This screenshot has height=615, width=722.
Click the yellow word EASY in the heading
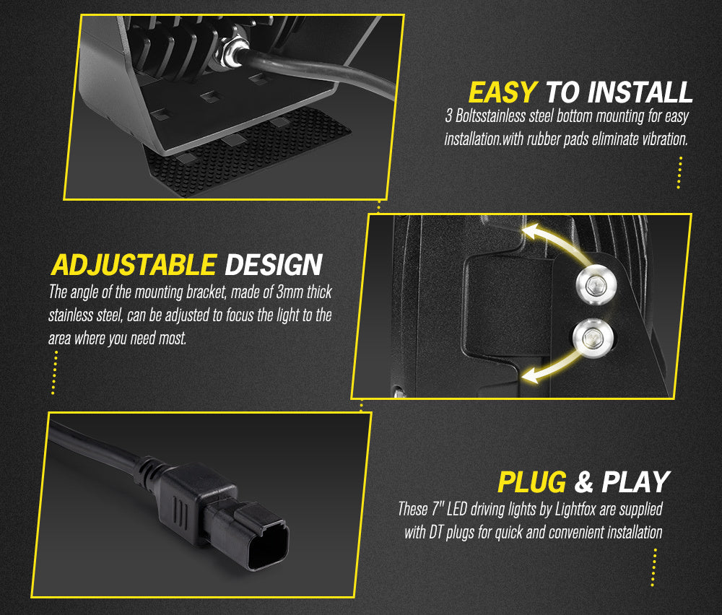[x=503, y=92]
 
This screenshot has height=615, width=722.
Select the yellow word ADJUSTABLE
[x=134, y=265]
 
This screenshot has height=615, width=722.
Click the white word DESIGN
[x=274, y=265]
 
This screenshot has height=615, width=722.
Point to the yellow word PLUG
[x=532, y=482]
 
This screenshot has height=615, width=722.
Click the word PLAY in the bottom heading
[x=636, y=482]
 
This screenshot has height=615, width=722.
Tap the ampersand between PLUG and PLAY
[x=584, y=482]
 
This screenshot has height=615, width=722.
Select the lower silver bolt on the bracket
[x=593, y=339]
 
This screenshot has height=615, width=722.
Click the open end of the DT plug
[x=269, y=546]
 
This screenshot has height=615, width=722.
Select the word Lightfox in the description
[x=576, y=509]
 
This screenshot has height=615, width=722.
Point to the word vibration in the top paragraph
[x=665, y=139]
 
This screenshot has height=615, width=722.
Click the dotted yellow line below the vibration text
[x=679, y=173]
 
